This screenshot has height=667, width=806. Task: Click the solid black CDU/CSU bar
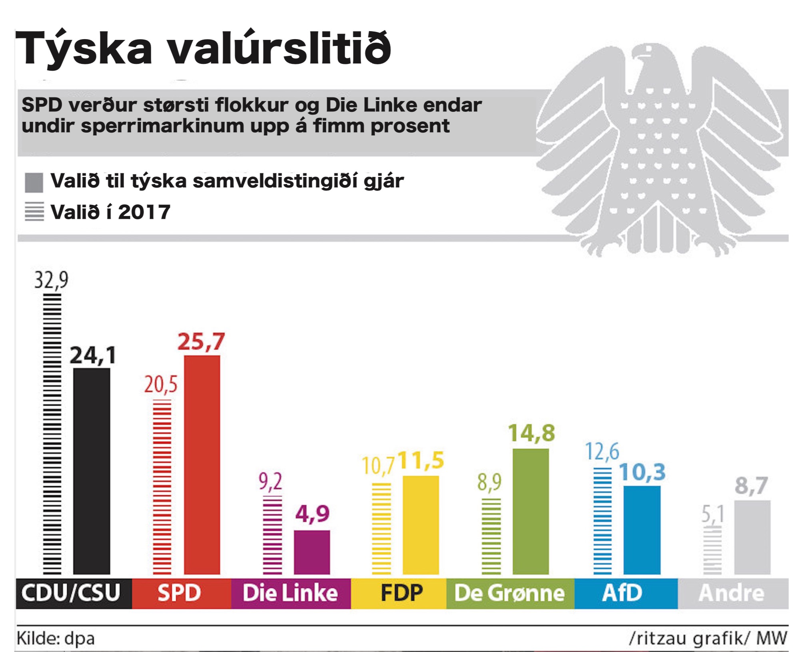(x=92, y=471)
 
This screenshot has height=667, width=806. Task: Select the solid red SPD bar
(x=202, y=465)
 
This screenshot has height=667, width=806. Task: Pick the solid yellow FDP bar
(x=421, y=525)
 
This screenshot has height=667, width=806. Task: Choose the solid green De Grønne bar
(x=531, y=512)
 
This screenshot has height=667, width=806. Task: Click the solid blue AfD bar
(x=642, y=530)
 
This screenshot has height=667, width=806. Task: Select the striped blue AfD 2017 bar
(x=603, y=521)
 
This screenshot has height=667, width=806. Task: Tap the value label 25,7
(x=201, y=342)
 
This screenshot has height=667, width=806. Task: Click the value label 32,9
(x=51, y=280)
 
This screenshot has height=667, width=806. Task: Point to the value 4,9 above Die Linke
(x=312, y=514)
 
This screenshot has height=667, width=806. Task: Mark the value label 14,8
(x=531, y=433)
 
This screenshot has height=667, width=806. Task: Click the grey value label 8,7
(x=751, y=486)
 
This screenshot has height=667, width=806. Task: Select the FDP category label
(x=401, y=593)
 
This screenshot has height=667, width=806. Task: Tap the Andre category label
(x=731, y=593)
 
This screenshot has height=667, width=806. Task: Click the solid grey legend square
(x=34, y=183)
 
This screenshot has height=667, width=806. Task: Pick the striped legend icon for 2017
(x=34, y=212)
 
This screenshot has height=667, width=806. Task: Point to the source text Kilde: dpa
(x=56, y=638)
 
